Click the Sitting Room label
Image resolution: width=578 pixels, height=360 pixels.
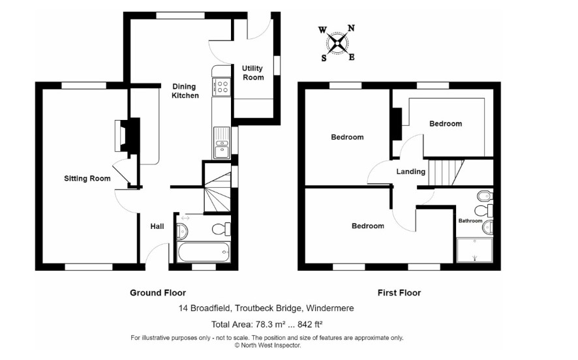coord(87,179)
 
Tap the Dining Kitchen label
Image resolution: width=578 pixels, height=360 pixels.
coord(185,91)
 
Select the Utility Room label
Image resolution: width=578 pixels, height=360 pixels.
coord(253,72)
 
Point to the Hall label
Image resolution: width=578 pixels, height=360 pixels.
coord(157,226)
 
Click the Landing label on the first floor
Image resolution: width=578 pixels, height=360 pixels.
coord(410,172)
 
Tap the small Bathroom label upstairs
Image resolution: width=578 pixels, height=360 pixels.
coord(470,220)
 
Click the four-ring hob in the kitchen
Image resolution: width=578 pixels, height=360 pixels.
coord(222,87)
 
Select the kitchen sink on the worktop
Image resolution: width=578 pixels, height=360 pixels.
coord(222,142)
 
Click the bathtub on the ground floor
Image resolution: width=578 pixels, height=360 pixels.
coord(204,252)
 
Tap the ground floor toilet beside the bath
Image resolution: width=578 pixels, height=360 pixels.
coord(222,229)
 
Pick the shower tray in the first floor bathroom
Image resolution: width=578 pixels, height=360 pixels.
coord(475,250)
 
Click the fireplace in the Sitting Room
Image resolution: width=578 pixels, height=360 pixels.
coord(128,135)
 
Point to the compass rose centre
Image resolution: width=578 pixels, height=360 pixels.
coord(337,44)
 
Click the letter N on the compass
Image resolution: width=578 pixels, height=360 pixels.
coord(350,29)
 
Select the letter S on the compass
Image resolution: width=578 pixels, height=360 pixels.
coord(324,58)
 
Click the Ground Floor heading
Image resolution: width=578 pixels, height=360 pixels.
coord(158,293)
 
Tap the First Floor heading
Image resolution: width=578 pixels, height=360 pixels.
coord(399,293)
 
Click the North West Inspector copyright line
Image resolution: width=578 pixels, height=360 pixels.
coord(267,346)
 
